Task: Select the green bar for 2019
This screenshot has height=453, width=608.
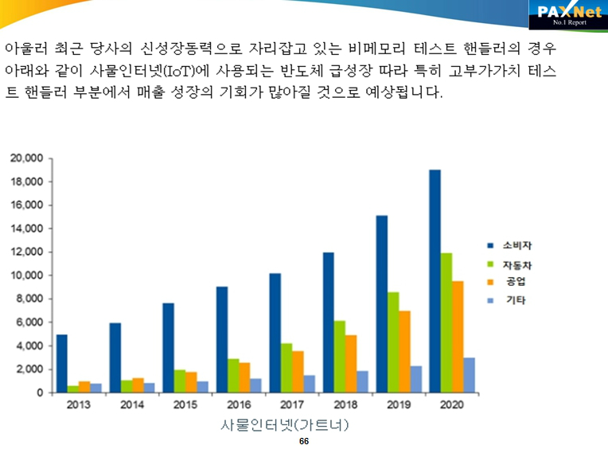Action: pos(393,342)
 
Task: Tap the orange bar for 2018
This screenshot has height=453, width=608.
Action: pos(351,364)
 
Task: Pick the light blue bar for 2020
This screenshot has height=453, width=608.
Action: pos(470,375)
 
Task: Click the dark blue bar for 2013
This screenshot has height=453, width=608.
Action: pos(62,363)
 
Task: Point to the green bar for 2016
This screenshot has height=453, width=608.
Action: pos(233,376)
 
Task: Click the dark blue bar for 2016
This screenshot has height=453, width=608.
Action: pos(221,339)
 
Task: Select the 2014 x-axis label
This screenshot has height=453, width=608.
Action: pos(132,404)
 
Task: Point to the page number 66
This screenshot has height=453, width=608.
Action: pos(303,441)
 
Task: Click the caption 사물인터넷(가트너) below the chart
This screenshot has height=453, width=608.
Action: pos(285,425)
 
